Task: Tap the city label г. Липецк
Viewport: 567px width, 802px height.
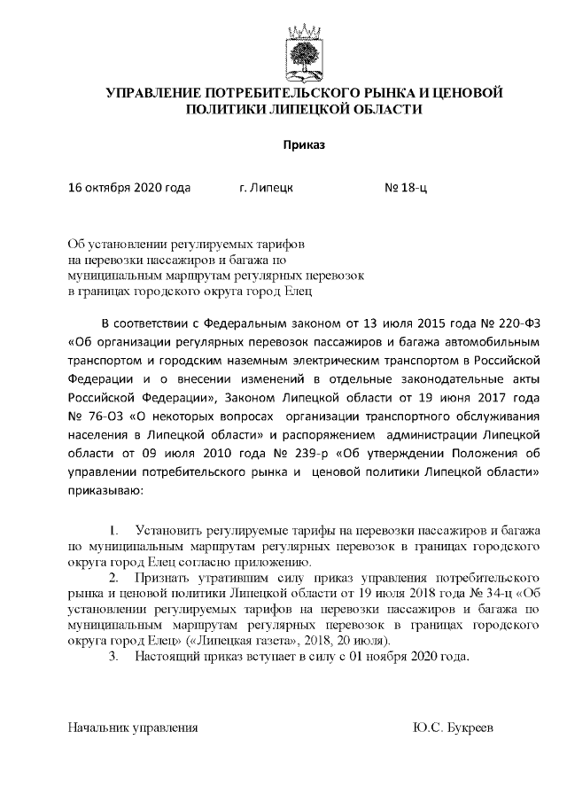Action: [x=267, y=188]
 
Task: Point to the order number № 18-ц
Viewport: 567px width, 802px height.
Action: [x=406, y=188]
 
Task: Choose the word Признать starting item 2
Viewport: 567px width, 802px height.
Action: [x=161, y=578]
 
